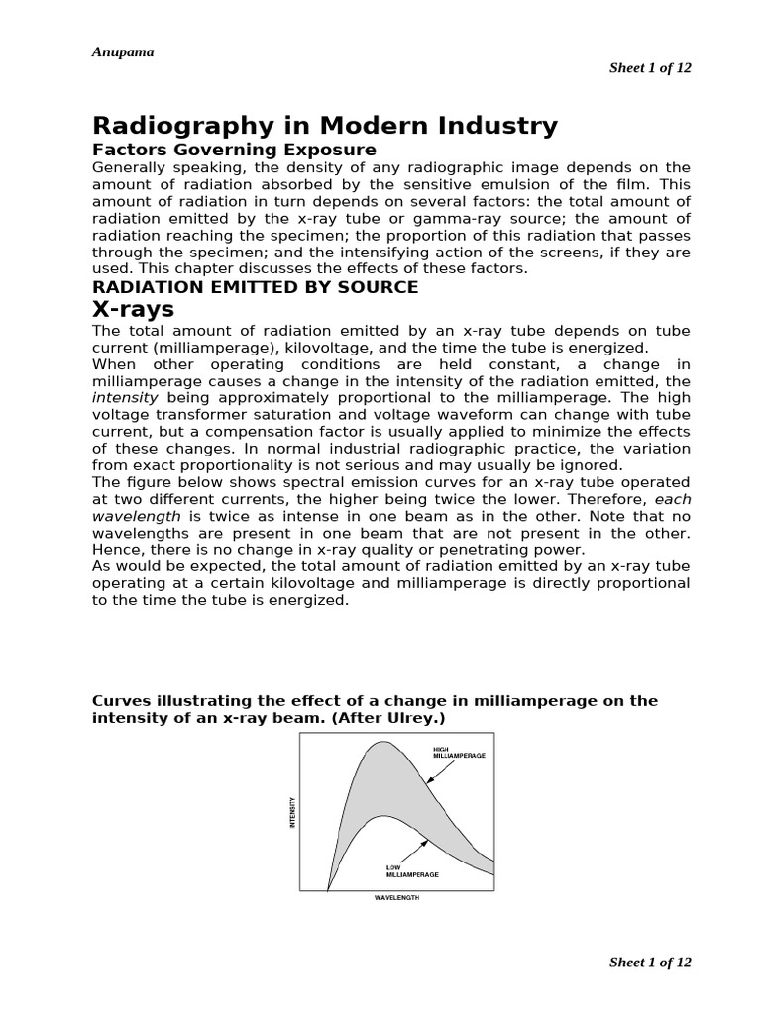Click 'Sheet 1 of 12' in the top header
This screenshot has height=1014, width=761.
(649, 67)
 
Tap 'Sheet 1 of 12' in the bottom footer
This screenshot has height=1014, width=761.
(649, 962)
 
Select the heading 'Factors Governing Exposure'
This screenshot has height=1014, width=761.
(234, 150)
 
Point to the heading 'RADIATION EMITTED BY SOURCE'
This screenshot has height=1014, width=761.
(255, 287)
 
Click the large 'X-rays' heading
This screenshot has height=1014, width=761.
(133, 309)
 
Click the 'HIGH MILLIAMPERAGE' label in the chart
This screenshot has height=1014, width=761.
(459, 752)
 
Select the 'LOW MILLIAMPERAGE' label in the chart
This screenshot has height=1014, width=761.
(412, 871)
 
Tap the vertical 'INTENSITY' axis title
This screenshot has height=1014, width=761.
(293, 814)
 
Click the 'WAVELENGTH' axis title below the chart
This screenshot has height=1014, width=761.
(396, 898)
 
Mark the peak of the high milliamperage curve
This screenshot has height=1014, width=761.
(378, 742)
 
